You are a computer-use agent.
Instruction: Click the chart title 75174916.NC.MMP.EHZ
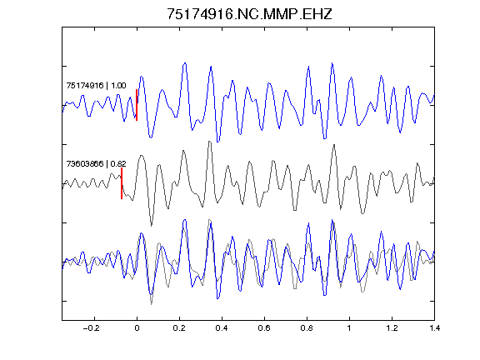(x=249, y=14)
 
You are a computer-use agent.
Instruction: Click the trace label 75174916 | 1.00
(x=96, y=85)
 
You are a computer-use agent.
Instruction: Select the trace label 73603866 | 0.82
(x=96, y=164)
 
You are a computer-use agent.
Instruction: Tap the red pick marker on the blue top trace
(x=137, y=105)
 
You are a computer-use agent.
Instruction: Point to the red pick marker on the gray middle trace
(x=122, y=183)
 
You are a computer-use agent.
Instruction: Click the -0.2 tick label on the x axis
(x=91, y=328)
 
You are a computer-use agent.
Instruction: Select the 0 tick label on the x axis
(x=137, y=328)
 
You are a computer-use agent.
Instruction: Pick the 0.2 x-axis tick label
(x=179, y=328)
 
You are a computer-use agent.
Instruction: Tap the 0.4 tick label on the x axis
(x=222, y=328)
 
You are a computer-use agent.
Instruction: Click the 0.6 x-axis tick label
(x=264, y=328)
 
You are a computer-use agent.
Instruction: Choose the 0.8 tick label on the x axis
(x=307, y=328)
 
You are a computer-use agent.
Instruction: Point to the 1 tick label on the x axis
(x=349, y=328)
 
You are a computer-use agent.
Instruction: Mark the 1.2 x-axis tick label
(x=392, y=328)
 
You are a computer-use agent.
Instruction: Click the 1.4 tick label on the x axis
(x=435, y=328)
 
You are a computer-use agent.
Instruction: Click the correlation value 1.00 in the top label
(x=118, y=85)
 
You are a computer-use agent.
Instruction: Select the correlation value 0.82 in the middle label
(x=118, y=164)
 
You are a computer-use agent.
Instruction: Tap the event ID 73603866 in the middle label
(x=85, y=164)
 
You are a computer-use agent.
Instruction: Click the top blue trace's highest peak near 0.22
(x=185, y=63)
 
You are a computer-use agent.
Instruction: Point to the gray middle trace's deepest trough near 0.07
(x=151, y=226)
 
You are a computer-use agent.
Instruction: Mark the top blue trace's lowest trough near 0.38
(x=217, y=142)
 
